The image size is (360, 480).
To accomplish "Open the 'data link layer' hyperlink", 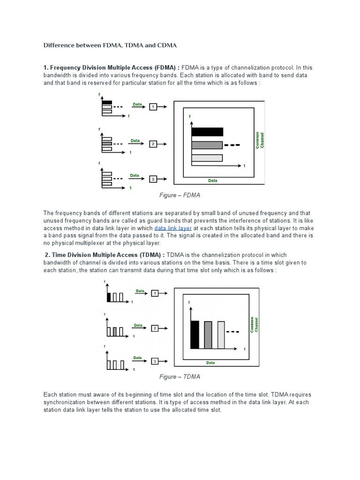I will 173,228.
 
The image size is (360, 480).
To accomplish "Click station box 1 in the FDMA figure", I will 153,107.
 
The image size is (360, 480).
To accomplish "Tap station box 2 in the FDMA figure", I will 153,144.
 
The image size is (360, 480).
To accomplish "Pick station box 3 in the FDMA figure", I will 153,179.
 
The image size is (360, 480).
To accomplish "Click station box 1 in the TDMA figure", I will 155,293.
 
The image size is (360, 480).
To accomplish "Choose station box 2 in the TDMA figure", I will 155,328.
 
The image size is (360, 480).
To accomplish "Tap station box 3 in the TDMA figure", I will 155,361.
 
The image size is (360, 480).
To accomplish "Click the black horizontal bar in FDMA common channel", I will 207,132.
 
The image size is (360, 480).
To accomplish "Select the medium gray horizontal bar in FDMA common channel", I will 207,145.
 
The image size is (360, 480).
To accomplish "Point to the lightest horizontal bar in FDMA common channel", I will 207,158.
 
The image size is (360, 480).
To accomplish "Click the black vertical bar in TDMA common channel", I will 195,335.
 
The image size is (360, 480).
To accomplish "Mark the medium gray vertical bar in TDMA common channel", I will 208,335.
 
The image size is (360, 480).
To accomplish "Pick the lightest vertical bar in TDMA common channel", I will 221,335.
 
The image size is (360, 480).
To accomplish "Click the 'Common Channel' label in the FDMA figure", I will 260,140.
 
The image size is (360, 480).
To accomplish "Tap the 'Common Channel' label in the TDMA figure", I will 254,325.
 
